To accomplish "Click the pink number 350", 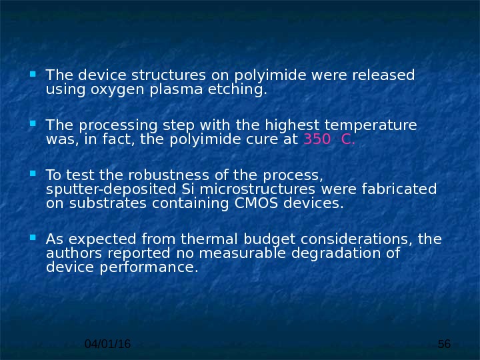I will click(317, 139).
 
